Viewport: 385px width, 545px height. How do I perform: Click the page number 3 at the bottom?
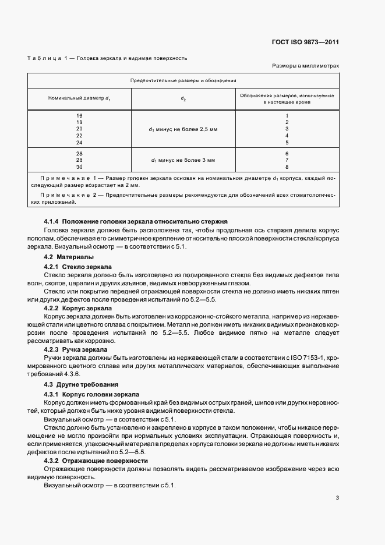(x=337, y=498)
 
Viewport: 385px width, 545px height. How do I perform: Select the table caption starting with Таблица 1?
(x=107, y=58)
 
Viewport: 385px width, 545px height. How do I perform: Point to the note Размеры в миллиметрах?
(x=305, y=67)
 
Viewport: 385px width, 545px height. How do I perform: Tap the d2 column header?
(x=183, y=98)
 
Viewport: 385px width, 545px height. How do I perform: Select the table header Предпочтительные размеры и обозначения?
(x=183, y=81)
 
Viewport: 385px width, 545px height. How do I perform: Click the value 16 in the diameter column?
(x=80, y=116)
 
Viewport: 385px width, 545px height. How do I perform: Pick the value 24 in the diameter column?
(x=80, y=142)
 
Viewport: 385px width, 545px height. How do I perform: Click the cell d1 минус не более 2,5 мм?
(x=183, y=129)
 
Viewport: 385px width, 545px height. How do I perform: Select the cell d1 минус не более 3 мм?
(x=183, y=159)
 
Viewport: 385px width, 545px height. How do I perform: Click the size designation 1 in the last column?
(x=287, y=116)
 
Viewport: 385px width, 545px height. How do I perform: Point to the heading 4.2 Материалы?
(x=69, y=257)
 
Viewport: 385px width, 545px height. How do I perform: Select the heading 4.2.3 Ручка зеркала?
(x=77, y=349)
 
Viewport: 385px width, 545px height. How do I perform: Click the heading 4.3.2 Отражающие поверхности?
(x=96, y=461)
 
